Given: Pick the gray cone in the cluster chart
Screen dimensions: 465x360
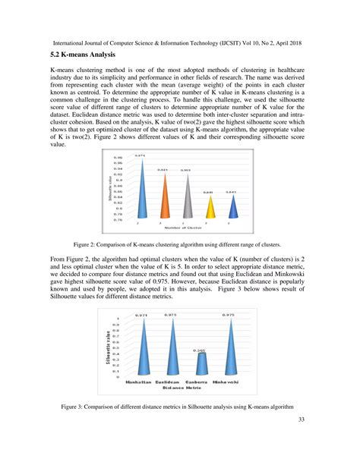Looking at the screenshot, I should click(x=185, y=199).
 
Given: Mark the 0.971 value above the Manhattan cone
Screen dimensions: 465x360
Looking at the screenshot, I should click(x=141, y=315).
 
